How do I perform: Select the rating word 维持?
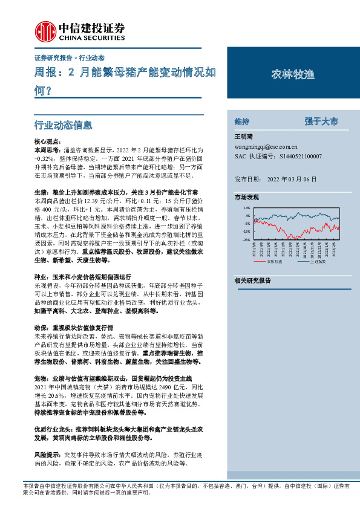(x=241, y=121)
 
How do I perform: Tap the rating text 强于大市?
(x=321, y=121)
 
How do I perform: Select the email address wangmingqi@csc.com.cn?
(x=266, y=146)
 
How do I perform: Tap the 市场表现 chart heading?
(x=246, y=198)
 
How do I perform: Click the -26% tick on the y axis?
(x=246, y=239)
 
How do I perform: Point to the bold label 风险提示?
(x=48, y=453)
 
